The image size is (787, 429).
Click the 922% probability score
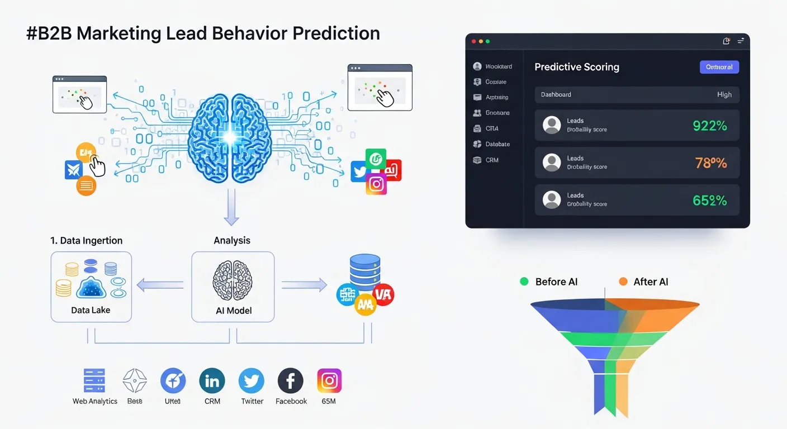[709, 126]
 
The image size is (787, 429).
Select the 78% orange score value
[710, 163]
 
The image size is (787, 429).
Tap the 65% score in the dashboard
[709, 201]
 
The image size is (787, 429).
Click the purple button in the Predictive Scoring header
[719, 67]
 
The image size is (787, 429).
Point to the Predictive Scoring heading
[576, 67]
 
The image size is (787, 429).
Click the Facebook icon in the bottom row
[291, 381]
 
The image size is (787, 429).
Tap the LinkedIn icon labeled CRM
[212, 381]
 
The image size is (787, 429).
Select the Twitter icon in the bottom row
[252, 381]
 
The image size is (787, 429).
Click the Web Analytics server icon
[94, 381]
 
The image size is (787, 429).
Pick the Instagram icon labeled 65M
[329, 381]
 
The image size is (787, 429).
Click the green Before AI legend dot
[524, 282]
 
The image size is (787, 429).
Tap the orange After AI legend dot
[623, 282]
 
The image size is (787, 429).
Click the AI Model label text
[233, 311]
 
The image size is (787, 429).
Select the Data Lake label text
[91, 310]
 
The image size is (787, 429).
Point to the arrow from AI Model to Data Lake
[160, 285]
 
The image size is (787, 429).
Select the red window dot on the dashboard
[474, 41]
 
